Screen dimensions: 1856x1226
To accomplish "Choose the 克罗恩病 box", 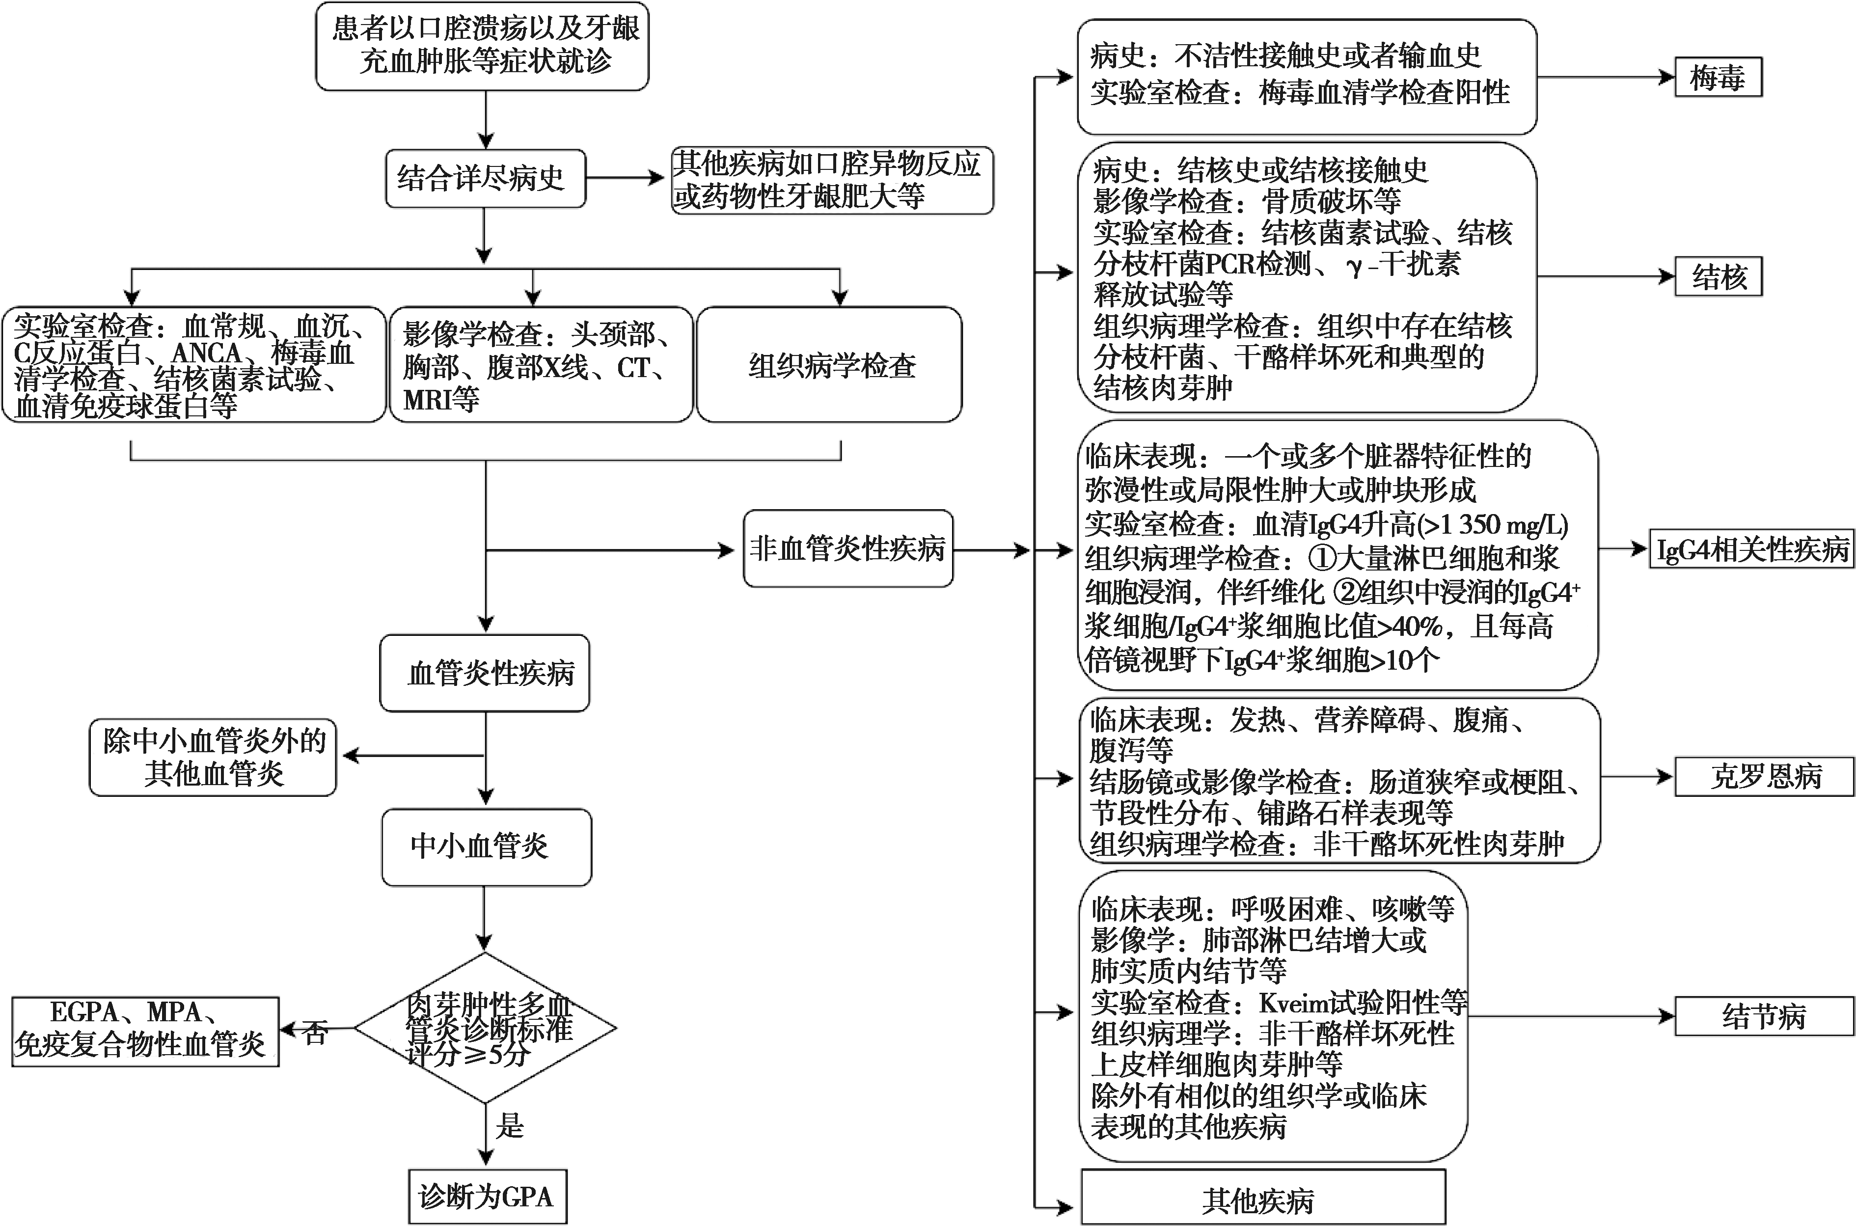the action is coord(1764,776).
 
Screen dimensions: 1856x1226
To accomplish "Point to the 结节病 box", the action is coord(1764,1016).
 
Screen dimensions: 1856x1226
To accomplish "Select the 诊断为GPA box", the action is coord(487,1196).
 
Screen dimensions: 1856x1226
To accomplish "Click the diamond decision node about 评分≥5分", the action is coord(486,1028).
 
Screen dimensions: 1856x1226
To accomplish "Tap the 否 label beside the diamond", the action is coord(316,1033).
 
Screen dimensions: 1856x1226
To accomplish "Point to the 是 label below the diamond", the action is coord(510,1125).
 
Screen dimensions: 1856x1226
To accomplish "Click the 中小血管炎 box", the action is coord(486,847).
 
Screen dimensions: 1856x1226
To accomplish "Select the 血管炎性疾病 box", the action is coord(485,673).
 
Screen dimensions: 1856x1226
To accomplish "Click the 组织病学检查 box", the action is coord(829,364).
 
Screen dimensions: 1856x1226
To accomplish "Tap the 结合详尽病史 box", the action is coord(486,178).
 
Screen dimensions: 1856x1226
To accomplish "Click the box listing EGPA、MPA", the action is coord(145,1031).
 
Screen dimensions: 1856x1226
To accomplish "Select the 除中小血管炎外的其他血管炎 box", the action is coord(213,758).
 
